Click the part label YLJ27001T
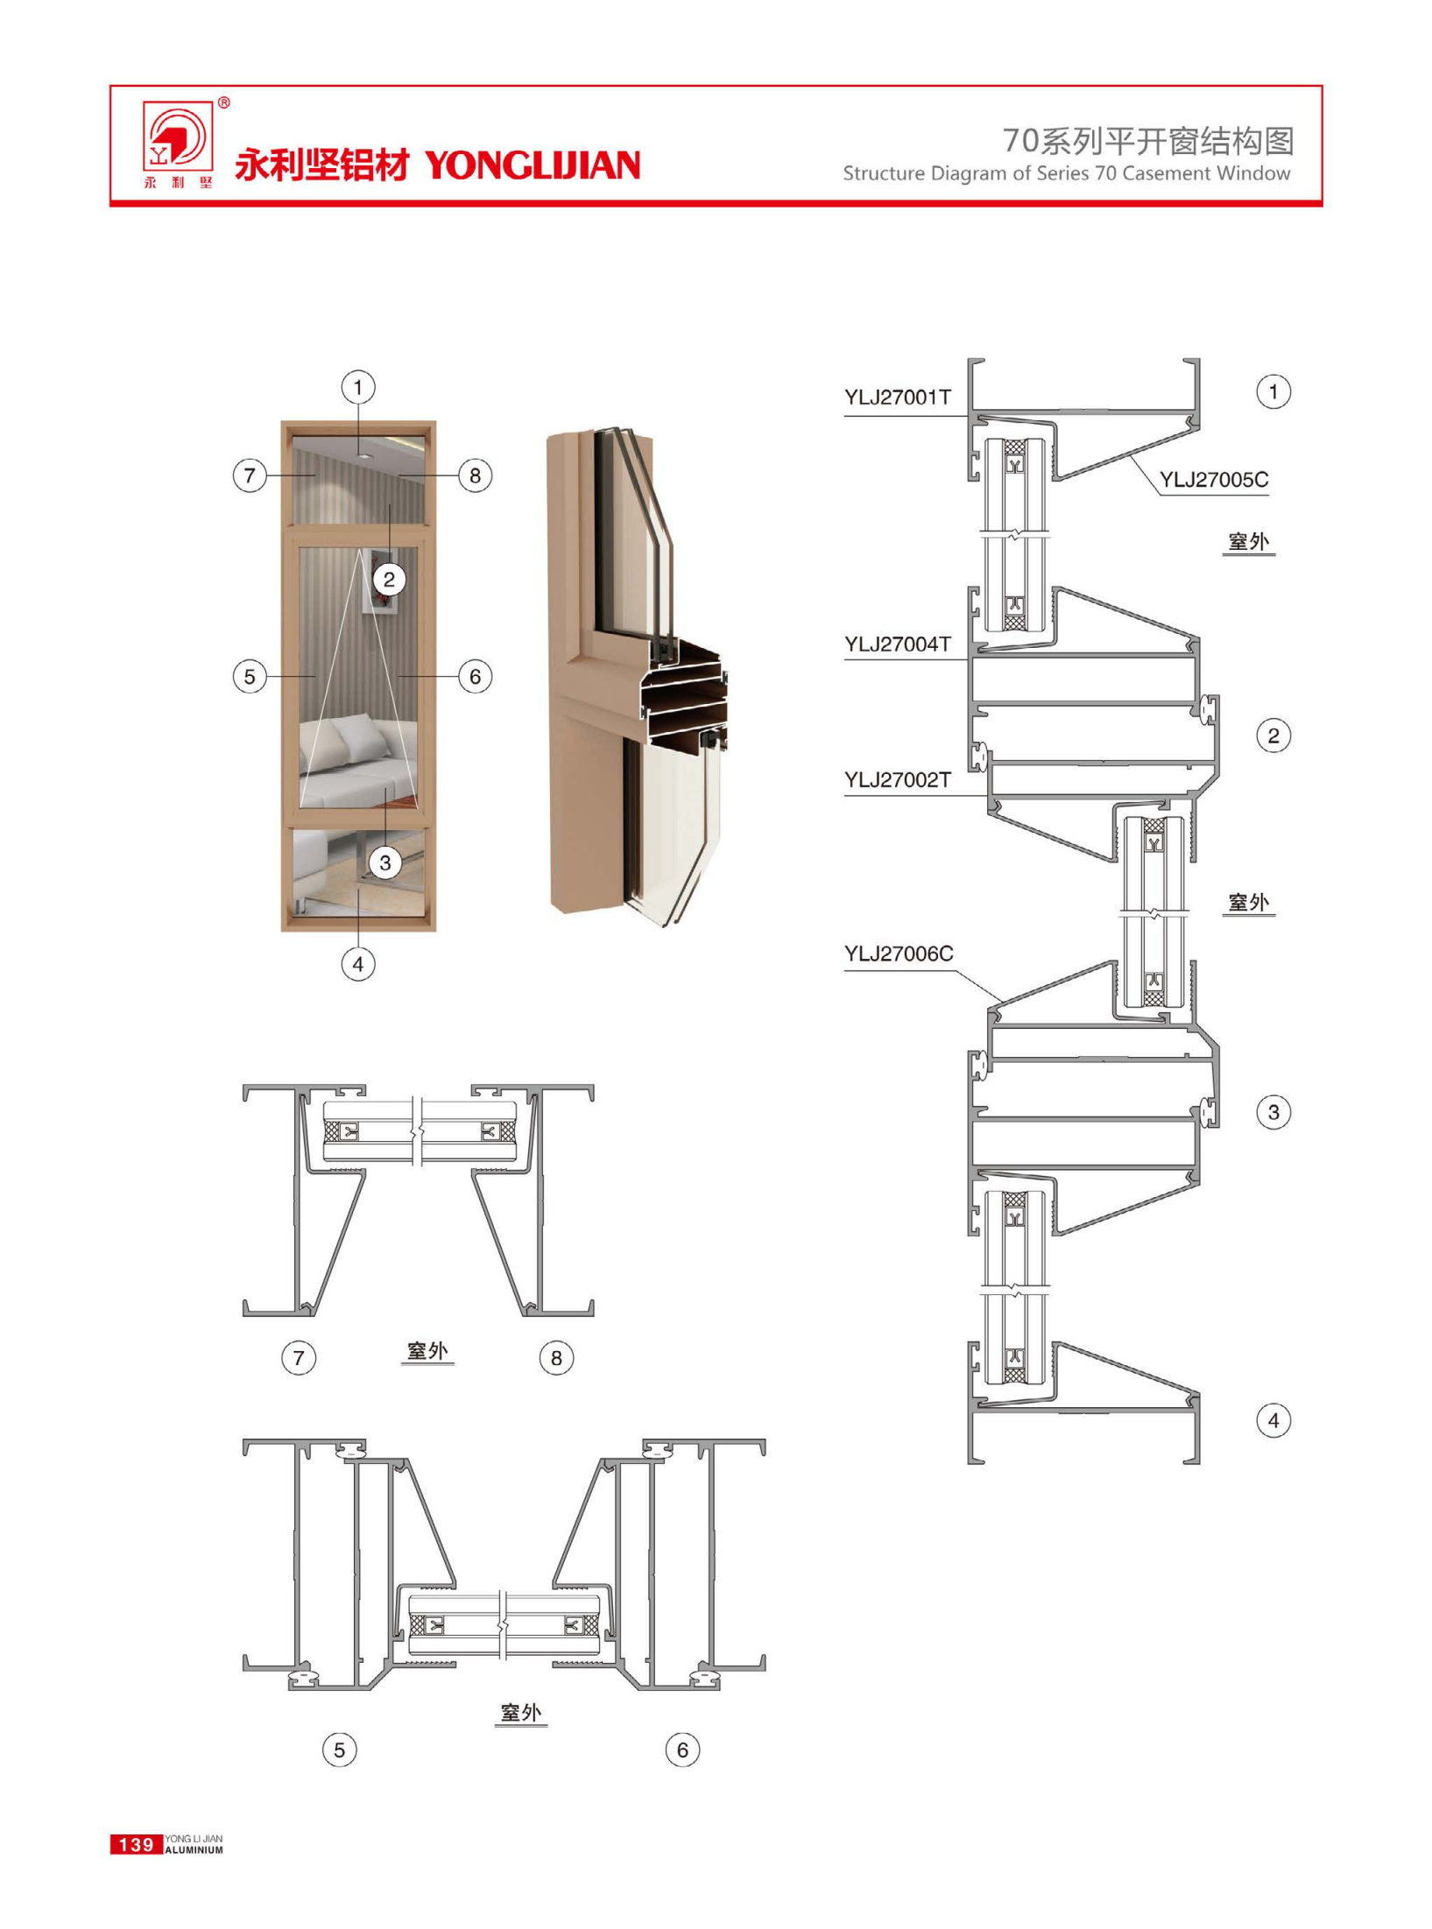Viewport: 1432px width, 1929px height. point(898,398)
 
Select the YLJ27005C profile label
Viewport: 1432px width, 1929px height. point(1214,480)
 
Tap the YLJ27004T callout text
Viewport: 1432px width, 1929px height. point(898,644)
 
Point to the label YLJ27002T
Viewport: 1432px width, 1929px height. point(898,780)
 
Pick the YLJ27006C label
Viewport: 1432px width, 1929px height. point(899,954)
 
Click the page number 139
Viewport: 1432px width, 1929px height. point(136,1845)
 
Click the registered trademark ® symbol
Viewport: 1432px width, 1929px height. point(224,103)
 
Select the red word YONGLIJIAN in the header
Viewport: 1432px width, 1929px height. point(533,165)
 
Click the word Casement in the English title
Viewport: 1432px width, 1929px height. point(1163,173)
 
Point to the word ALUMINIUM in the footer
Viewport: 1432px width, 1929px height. point(194,1850)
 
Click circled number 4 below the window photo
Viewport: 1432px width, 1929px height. point(358,964)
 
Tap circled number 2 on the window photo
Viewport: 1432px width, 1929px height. point(390,579)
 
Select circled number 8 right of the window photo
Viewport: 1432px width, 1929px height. point(476,475)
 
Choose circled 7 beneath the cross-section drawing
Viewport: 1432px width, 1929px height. point(299,1358)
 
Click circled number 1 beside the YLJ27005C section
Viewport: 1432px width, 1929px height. point(1273,391)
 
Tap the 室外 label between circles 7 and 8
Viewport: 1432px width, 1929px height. point(427,1351)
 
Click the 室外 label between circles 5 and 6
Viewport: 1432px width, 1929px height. point(521,1713)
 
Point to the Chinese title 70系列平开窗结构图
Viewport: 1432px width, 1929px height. point(1148,140)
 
